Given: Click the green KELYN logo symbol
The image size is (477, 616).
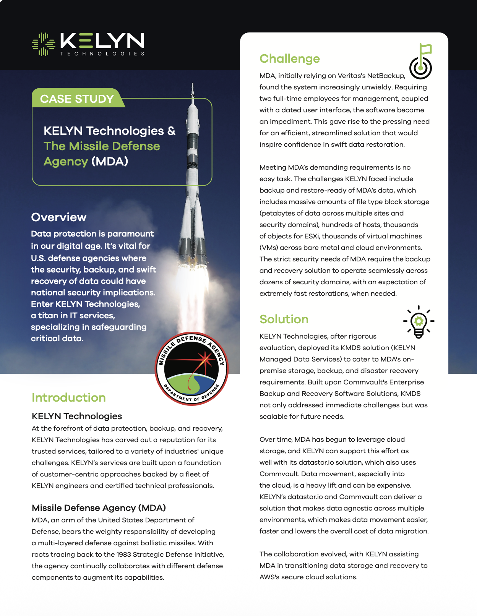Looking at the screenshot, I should click(x=43, y=44).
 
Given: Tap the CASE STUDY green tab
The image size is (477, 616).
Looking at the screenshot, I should click(x=77, y=99).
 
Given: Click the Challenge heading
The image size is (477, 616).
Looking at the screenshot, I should click(x=289, y=58).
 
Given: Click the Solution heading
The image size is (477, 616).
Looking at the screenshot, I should click(x=284, y=319).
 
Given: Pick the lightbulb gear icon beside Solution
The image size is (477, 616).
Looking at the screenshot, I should click(x=419, y=322).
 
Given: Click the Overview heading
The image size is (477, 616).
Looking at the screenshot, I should click(x=59, y=217).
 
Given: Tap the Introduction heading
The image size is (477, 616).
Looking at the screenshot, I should click(x=68, y=397).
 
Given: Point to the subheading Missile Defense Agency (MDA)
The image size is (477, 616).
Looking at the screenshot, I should click(x=99, y=508).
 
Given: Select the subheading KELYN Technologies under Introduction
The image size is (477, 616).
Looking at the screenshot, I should click(x=77, y=416).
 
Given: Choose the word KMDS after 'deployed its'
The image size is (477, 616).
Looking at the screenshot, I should click(x=351, y=348).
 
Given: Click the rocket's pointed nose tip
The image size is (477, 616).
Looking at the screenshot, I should click(x=192, y=85).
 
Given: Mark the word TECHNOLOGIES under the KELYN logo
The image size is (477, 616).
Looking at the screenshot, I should click(x=102, y=54).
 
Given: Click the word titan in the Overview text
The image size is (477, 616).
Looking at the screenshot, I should click(x=48, y=316).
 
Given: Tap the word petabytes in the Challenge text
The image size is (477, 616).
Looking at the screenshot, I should click(x=277, y=213).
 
